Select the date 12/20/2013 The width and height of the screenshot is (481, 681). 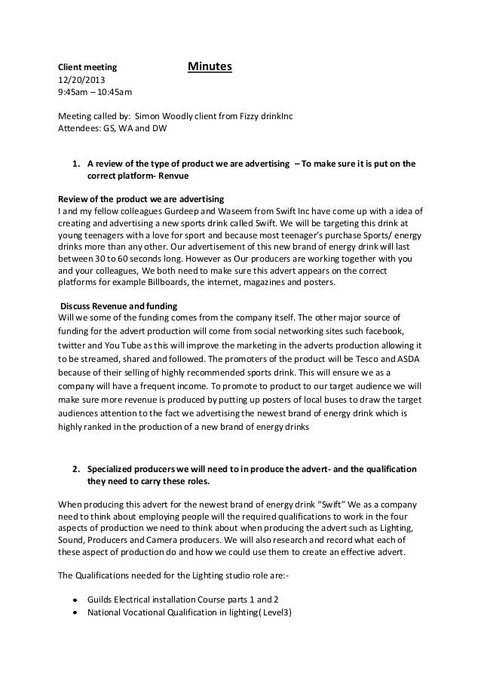tap(83, 81)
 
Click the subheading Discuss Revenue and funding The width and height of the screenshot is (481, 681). tap(119, 305)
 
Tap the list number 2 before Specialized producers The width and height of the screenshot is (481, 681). tap(75, 469)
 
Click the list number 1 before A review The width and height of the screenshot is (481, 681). tap(75, 163)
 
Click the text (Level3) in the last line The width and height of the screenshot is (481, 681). tap(274, 612)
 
